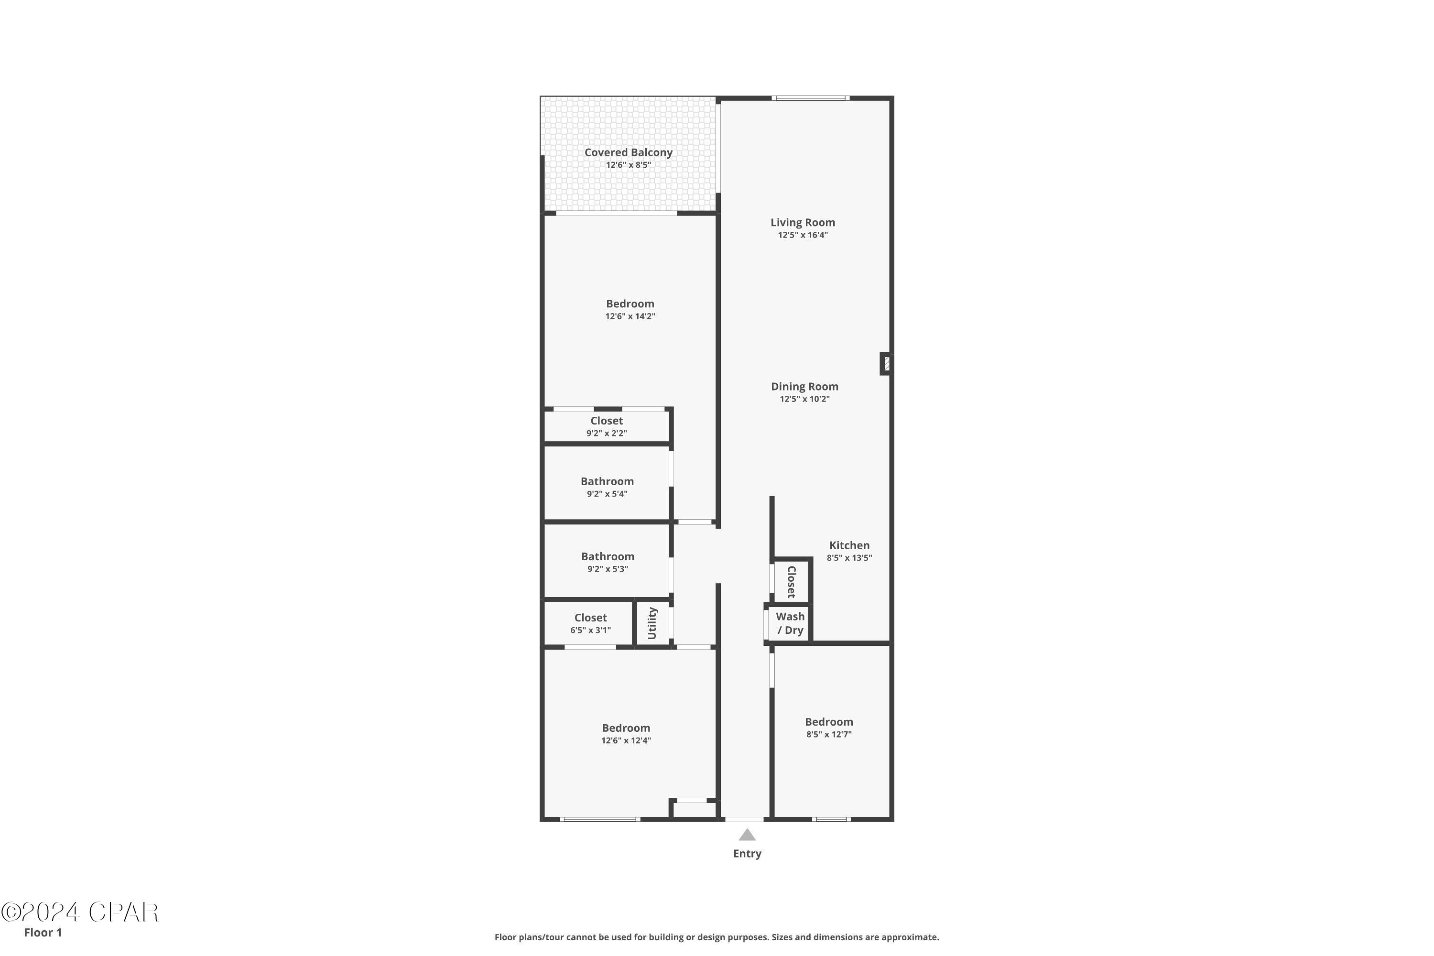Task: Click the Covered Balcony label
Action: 628,152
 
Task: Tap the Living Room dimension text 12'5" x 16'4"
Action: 803,235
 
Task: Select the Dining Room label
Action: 804,387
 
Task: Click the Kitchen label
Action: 849,545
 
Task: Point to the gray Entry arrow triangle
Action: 747,835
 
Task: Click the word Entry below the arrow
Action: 747,854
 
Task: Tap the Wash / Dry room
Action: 790,623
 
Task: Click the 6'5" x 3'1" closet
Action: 590,624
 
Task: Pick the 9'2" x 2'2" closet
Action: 606,426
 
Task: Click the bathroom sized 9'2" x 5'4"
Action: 607,487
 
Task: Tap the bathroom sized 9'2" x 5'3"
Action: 607,562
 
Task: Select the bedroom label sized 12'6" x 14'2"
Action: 630,304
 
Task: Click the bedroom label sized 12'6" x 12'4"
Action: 626,728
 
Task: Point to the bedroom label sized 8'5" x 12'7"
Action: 828,722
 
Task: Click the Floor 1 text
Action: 43,932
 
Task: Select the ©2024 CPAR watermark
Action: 79,913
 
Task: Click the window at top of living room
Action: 810,98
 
